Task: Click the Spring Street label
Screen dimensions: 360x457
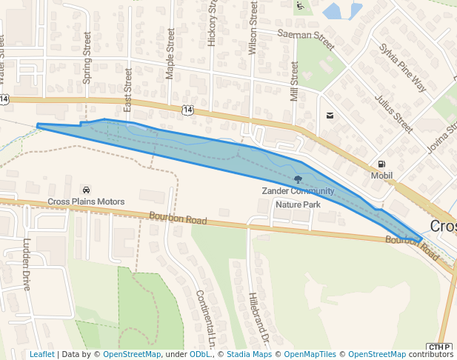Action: tap(87, 58)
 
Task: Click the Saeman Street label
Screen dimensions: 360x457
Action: tap(306, 34)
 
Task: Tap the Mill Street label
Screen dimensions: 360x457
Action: tap(294, 81)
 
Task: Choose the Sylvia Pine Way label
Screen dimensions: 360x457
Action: tap(403, 67)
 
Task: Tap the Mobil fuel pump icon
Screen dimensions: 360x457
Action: tap(381, 164)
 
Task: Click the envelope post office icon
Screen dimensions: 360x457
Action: tap(330, 116)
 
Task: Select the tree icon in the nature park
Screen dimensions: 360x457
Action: tap(298, 179)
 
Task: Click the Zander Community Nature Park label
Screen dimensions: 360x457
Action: tap(298, 197)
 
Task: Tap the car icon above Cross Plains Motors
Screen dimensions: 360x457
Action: tap(87, 190)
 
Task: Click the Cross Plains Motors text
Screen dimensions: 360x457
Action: tap(86, 201)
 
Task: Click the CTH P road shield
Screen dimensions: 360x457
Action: tap(438, 347)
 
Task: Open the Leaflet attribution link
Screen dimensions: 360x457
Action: tap(41, 354)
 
